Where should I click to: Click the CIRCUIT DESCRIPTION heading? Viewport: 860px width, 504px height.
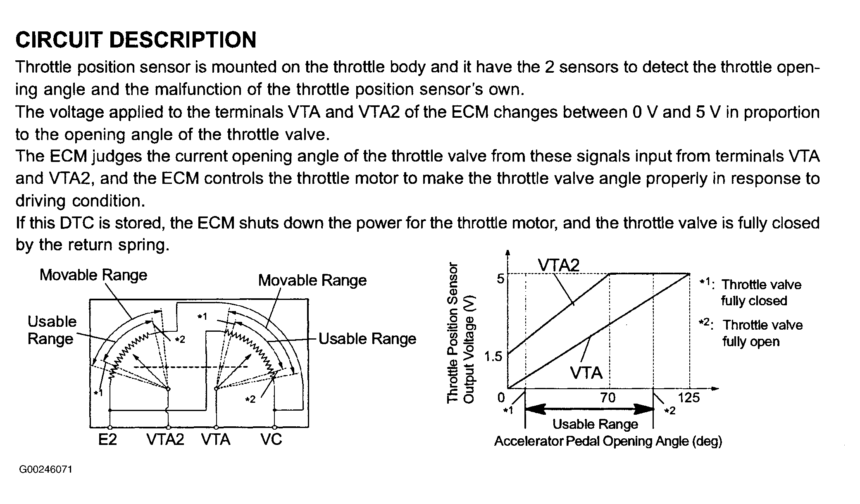click(136, 40)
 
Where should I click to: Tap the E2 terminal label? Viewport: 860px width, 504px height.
click(107, 439)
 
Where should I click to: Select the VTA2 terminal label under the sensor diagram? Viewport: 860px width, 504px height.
click(165, 439)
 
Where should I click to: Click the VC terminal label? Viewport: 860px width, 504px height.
click(271, 439)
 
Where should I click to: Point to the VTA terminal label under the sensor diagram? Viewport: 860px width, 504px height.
click(216, 439)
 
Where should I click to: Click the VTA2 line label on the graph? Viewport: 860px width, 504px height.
click(559, 265)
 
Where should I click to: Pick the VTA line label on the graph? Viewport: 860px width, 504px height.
click(586, 373)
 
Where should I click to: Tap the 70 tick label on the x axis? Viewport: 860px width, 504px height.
click(608, 397)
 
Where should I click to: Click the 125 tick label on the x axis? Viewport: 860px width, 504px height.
click(689, 397)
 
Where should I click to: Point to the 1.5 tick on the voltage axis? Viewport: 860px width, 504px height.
click(493, 356)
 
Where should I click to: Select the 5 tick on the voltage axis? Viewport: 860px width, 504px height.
click(500, 279)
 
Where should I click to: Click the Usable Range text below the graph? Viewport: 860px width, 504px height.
click(595, 424)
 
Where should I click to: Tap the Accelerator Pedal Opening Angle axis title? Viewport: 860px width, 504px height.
click(608, 441)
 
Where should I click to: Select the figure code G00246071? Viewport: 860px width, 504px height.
click(45, 470)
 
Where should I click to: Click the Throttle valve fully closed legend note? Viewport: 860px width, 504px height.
click(750, 292)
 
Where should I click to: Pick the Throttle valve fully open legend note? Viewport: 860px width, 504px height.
click(751, 333)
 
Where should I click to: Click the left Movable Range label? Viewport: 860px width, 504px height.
click(93, 275)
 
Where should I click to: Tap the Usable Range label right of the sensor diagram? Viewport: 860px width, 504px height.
click(367, 339)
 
